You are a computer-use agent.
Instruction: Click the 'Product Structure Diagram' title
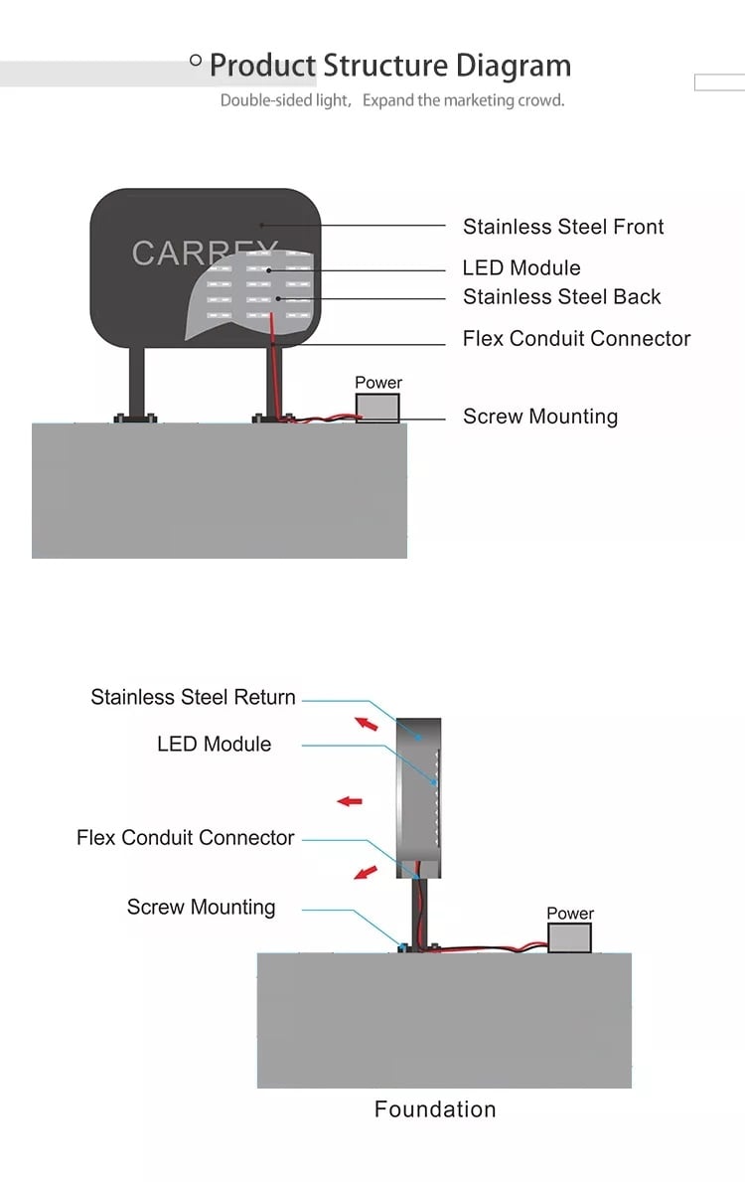click(x=390, y=67)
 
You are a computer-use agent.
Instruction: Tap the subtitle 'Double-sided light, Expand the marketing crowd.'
click(x=392, y=100)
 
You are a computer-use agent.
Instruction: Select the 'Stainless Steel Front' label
click(x=563, y=226)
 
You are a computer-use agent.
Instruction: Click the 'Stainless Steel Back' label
click(x=562, y=296)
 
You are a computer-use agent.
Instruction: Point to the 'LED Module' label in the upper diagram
click(x=521, y=267)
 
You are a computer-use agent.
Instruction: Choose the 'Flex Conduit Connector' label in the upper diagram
click(x=576, y=338)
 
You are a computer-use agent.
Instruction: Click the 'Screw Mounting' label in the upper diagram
click(x=540, y=417)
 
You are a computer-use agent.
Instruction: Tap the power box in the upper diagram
click(x=377, y=408)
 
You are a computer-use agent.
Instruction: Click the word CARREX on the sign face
click(x=205, y=253)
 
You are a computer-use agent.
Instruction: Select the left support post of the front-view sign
click(x=136, y=383)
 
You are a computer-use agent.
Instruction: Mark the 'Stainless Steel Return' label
click(x=193, y=697)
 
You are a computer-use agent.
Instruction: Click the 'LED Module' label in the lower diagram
click(x=214, y=744)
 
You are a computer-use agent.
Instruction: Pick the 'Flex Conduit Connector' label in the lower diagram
click(x=186, y=837)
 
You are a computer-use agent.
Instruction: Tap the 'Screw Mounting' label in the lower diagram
click(x=201, y=907)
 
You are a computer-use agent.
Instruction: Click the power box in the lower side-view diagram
click(x=569, y=937)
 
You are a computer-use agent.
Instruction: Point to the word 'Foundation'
click(x=435, y=1108)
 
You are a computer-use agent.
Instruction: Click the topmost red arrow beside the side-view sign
click(x=367, y=724)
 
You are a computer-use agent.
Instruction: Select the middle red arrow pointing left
click(x=350, y=801)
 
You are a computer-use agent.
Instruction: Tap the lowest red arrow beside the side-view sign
click(x=366, y=872)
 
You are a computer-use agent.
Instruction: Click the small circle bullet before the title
click(x=196, y=60)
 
